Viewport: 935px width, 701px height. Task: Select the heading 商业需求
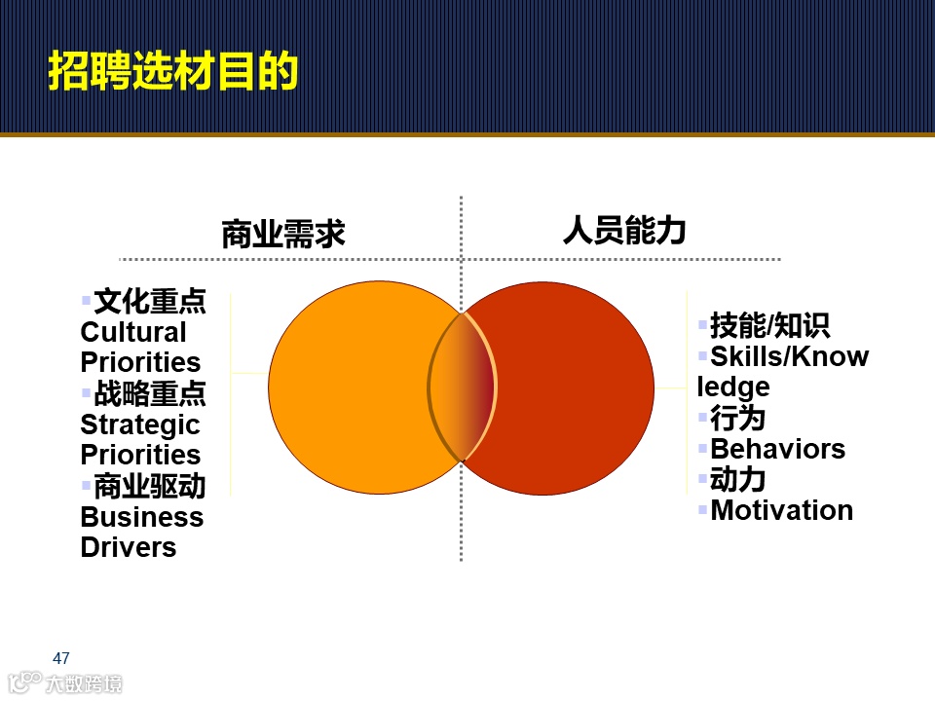coord(283,235)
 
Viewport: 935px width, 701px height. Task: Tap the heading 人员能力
coord(624,230)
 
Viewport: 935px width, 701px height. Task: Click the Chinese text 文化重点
coord(150,302)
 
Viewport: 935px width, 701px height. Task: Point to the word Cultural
coord(132,332)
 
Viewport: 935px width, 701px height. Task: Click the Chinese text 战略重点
coord(150,394)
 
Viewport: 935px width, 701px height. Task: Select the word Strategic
coord(139,424)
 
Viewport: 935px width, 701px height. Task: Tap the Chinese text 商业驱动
coord(150,486)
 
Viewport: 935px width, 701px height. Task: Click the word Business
coord(141,517)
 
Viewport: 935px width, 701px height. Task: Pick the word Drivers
coord(128,547)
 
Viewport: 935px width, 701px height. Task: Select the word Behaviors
coord(777,449)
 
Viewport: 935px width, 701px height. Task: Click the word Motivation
coord(781,510)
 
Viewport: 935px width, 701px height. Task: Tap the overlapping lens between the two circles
coord(463,387)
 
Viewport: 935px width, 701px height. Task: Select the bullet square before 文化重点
coord(86,300)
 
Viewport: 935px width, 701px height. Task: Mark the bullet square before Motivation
coord(703,508)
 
